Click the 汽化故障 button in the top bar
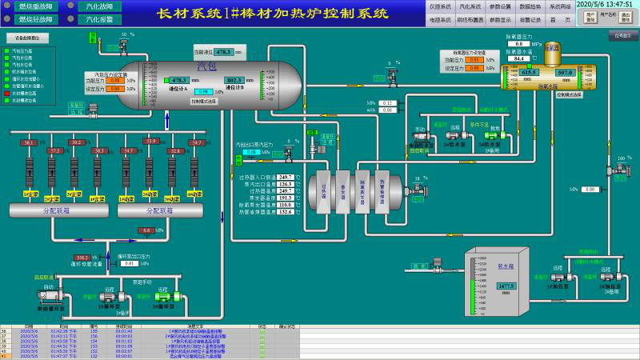click(x=99, y=6)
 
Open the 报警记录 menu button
click(x=530, y=19)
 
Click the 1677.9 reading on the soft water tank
click(x=506, y=286)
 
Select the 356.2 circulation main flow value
click(x=83, y=258)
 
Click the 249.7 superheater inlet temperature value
click(x=285, y=177)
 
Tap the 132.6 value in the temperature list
click(x=285, y=212)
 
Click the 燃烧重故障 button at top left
click(x=32, y=6)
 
